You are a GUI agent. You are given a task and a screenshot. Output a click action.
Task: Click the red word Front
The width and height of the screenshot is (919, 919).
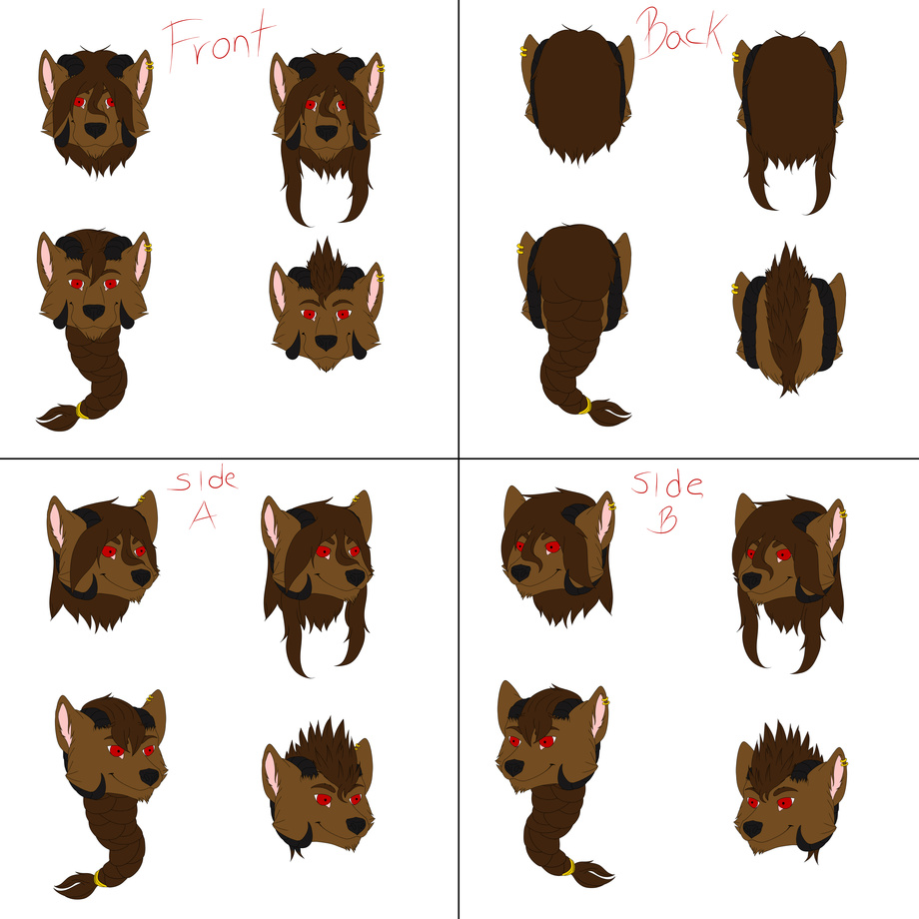point(218,41)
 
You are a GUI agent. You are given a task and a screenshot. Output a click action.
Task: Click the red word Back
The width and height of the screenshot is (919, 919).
point(681,33)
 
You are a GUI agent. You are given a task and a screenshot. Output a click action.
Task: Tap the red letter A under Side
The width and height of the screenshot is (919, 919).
point(203,515)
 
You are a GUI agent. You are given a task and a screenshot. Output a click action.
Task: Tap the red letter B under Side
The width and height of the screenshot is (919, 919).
point(663,519)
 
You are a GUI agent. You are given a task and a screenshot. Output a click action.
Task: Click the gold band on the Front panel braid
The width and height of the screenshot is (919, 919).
point(81,411)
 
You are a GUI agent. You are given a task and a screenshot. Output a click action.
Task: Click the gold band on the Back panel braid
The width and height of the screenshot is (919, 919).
point(586,406)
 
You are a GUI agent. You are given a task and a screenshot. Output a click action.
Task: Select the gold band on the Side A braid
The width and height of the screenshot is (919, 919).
point(99,879)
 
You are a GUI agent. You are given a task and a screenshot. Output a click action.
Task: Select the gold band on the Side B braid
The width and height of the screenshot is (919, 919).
point(569,867)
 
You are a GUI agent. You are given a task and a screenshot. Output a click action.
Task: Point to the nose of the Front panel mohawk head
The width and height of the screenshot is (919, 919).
point(326,343)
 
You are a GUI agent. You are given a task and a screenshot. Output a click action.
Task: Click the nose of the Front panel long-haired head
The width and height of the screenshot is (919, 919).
point(327,133)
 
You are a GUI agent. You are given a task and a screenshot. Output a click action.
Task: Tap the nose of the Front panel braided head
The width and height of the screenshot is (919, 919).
point(94,312)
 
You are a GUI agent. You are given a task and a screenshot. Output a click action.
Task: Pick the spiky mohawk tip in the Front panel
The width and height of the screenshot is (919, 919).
point(326,241)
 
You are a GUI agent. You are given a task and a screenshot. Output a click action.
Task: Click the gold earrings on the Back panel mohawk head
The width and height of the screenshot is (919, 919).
point(734,288)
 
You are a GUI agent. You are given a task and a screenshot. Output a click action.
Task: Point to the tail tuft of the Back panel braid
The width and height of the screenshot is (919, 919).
point(609,413)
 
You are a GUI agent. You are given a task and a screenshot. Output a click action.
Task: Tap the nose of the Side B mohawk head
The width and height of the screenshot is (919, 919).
point(752,829)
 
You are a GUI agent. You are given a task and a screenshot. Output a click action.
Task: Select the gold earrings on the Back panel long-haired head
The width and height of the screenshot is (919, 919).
point(735,57)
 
